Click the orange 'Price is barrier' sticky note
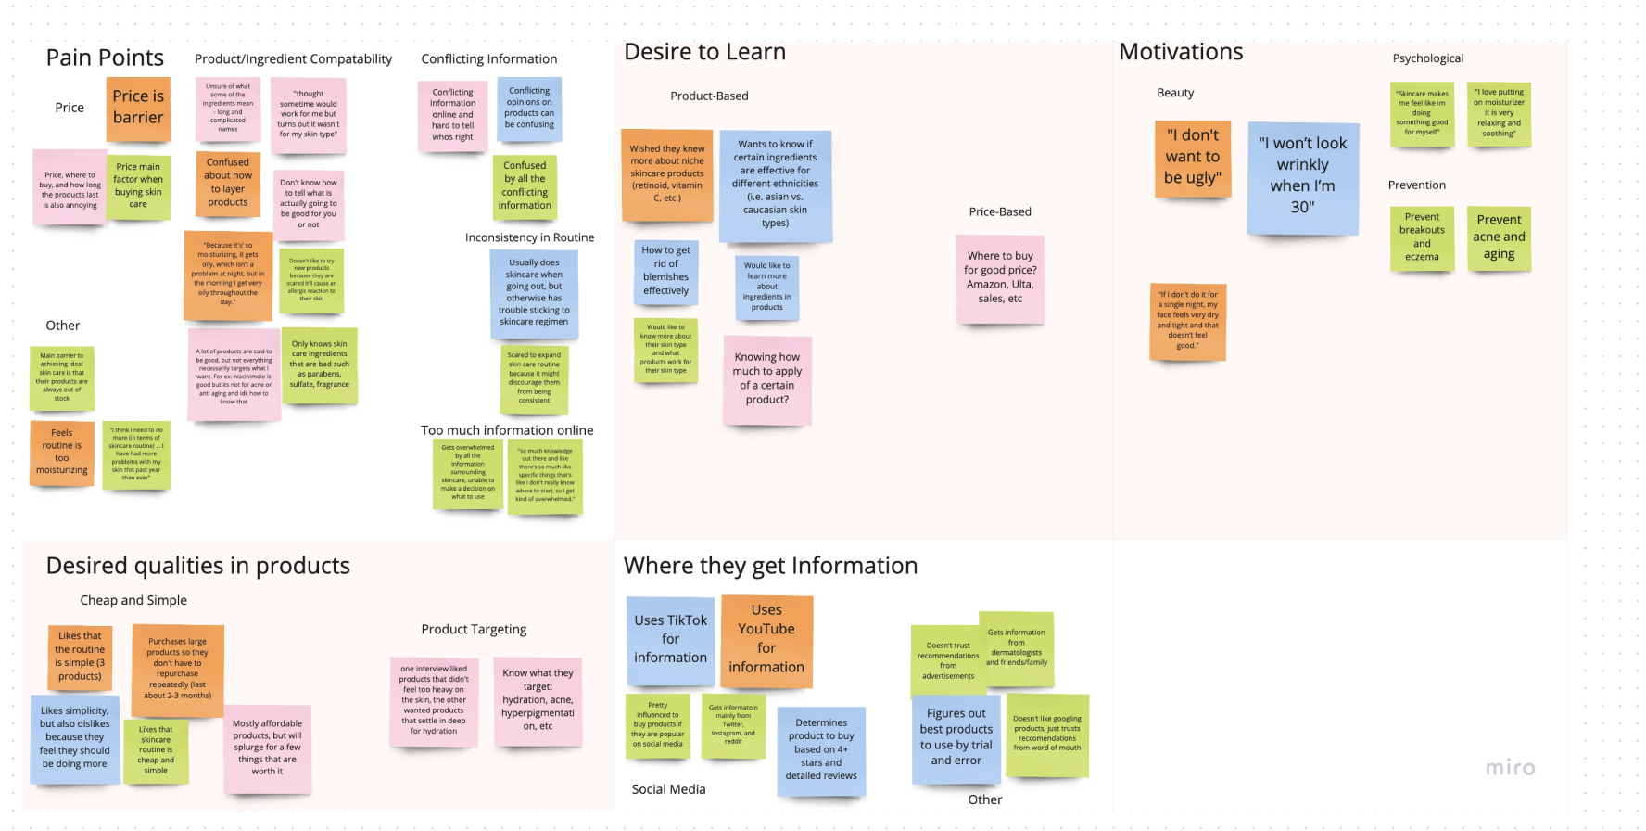[x=138, y=108]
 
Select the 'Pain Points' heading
[x=105, y=58]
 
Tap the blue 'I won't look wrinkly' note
[x=1302, y=176]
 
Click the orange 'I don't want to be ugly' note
[x=1193, y=158]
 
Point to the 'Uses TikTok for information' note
[x=670, y=640]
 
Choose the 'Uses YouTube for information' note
[x=766, y=640]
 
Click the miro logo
[x=1510, y=768]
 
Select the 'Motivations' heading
[x=1181, y=52]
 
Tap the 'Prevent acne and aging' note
[x=1499, y=237]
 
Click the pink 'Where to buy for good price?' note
[x=1000, y=277]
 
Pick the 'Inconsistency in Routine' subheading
[x=529, y=237]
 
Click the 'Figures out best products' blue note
[x=956, y=738]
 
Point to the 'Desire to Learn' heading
[x=704, y=52]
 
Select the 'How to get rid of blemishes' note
[x=665, y=271]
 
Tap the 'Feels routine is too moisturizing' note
[x=62, y=452]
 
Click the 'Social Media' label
[x=668, y=789]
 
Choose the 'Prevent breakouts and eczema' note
[x=1422, y=237]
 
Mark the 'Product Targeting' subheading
[x=474, y=629]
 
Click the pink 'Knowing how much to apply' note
[x=767, y=378]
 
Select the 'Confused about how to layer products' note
[x=228, y=183]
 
